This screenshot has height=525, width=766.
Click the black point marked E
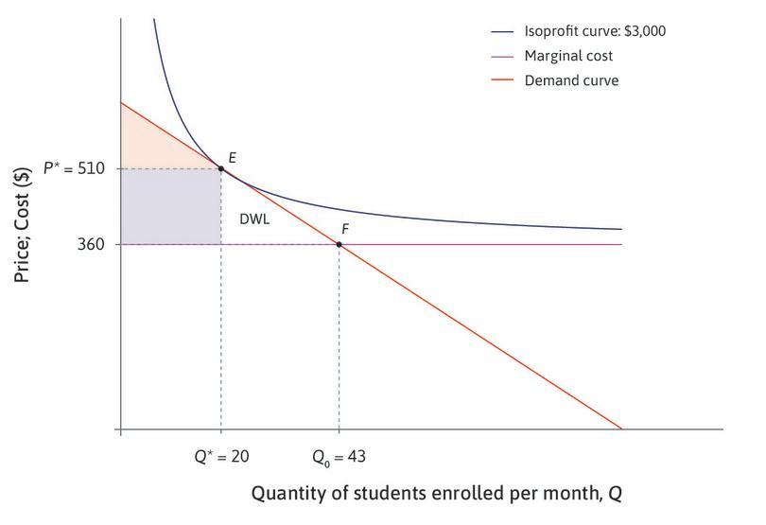(x=221, y=168)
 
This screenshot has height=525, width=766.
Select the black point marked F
(x=339, y=244)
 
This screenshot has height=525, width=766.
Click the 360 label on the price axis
(x=91, y=244)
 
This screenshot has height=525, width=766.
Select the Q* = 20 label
(x=221, y=457)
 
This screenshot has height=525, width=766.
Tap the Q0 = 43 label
(x=339, y=457)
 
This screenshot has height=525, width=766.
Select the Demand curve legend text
(x=558, y=81)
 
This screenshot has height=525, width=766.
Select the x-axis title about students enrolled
(x=436, y=494)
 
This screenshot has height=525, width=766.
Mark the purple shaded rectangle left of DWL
(x=170, y=206)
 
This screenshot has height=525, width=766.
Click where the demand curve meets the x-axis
(x=621, y=429)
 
